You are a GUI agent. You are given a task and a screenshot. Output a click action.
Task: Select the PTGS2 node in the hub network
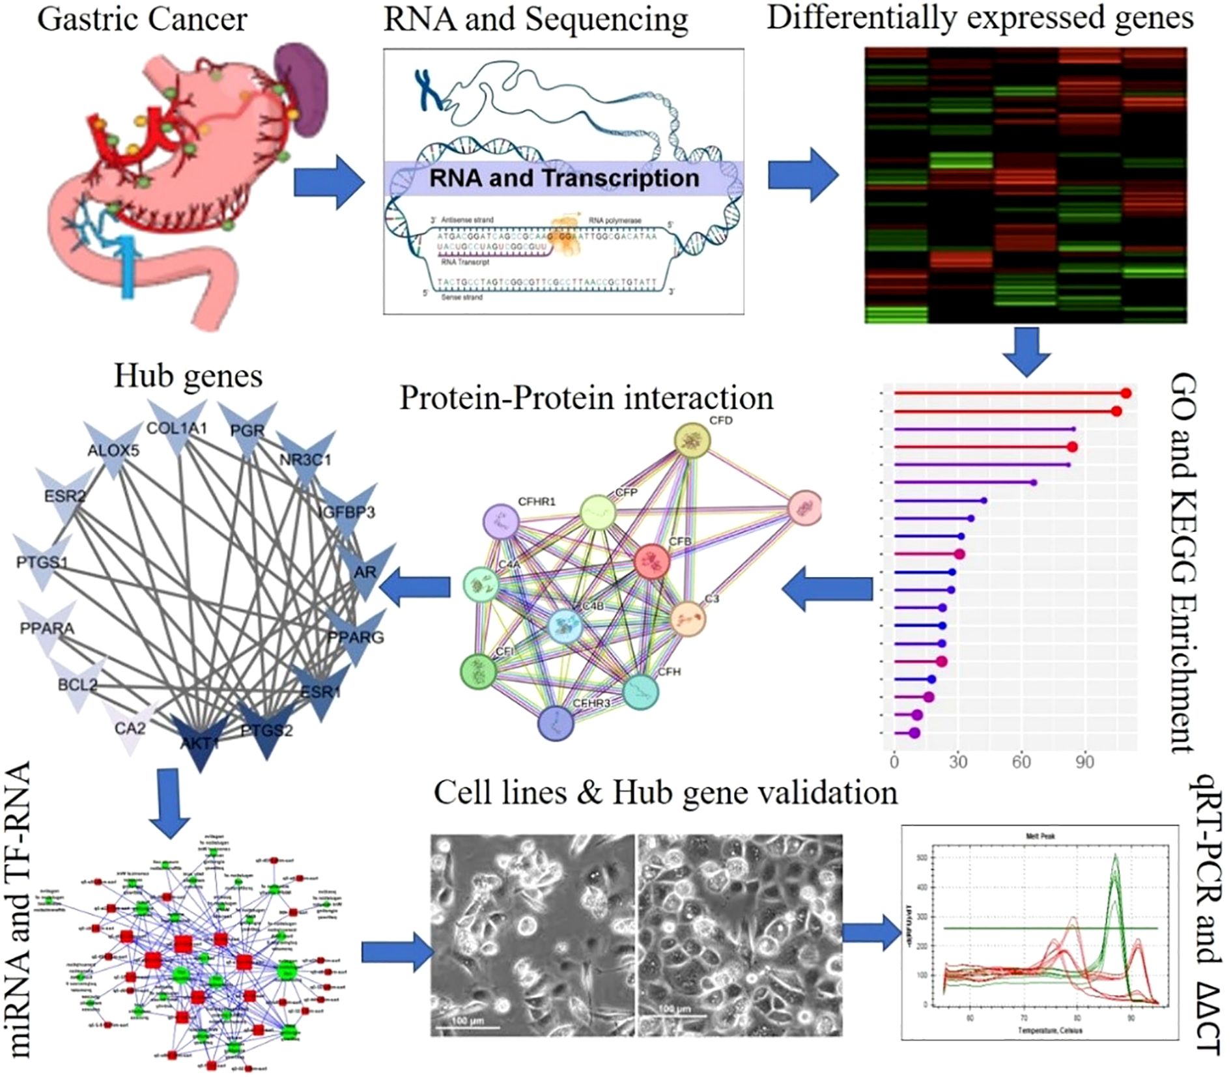(x=267, y=729)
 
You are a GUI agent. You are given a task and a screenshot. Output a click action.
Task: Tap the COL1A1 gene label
(x=177, y=428)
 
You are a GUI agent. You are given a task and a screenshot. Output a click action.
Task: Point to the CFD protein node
(x=692, y=441)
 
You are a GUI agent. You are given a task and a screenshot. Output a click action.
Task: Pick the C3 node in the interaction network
(x=687, y=618)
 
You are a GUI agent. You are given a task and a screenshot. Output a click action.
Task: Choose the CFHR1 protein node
(x=501, y=521)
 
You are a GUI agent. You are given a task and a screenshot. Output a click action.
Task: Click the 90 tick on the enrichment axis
(x=1084, y=762)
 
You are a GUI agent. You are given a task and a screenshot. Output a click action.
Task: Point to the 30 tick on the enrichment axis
(x=957, y=762)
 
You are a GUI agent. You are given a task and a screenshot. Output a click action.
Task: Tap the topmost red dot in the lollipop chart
(x=1126, y=393)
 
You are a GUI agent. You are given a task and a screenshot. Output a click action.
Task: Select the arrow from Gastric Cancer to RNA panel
(x=328, y=182)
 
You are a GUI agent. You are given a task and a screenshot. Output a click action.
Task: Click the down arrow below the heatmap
(x=1026, y=351)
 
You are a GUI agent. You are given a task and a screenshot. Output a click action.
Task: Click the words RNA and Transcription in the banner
(x=563, y=178)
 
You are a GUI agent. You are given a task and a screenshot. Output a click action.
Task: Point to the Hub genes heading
(x=188, y=376)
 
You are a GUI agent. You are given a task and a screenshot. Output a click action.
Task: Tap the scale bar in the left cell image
(x=466, y=1028)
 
